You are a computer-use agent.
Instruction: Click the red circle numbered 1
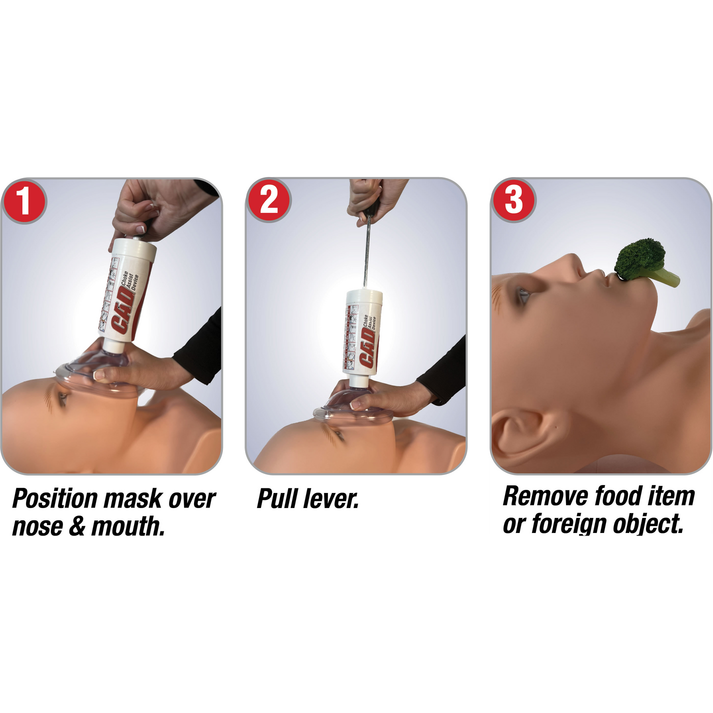pyautogui.click(x=24, y=201)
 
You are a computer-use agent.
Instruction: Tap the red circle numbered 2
pyautogui.click(x=268, y=200)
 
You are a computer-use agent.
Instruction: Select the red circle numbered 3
pyautogui.click(x=513, y=200)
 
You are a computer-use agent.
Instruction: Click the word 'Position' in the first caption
pyautogui.click(x=55, y=499)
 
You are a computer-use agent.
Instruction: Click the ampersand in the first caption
pyautogui.click(x=77, y=526)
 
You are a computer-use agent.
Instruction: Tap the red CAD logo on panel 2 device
pyautogui.click(x=368, y=347)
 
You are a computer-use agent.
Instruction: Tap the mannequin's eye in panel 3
pyautogui.click(x=522, y=296)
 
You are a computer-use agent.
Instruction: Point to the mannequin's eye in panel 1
pyautogui.click(x=62, y=398)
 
